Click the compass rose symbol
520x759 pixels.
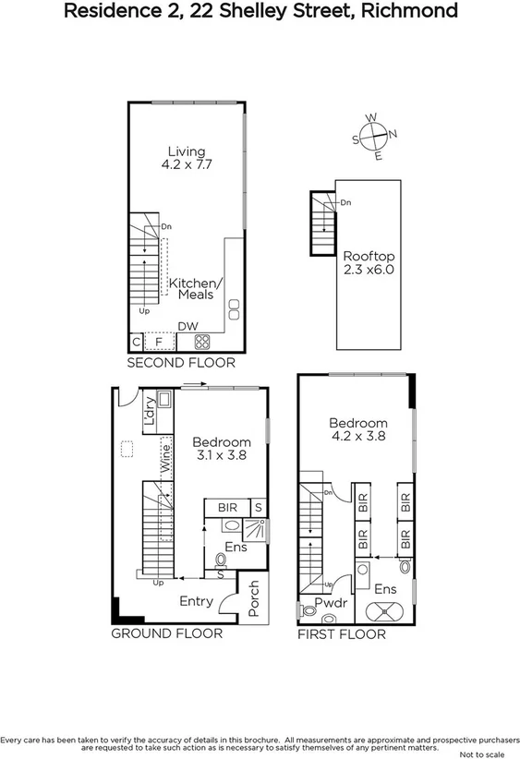click(374, 137)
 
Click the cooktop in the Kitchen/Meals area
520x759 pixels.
click(201, 343)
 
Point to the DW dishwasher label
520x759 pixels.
click(187, 326)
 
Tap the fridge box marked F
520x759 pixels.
click(160, 343)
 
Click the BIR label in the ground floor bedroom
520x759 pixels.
click(227, 508)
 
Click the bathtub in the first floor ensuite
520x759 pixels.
click(386, 610)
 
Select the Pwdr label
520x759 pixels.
click(330, 604)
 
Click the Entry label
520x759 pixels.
click(196, 601)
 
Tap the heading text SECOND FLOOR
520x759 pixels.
click(180, 364)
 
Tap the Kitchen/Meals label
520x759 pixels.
click(193, 288)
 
